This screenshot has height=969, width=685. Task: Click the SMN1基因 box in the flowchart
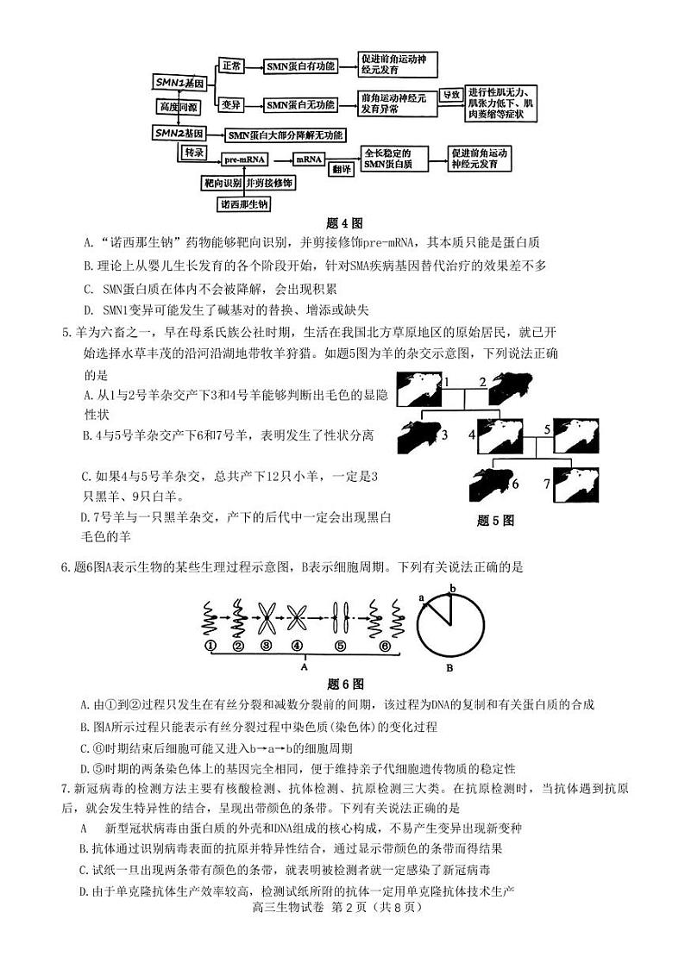tap(179, 83)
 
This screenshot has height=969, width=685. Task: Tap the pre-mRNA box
tap(245, 159)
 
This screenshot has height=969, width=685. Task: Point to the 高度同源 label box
tap(177, 107)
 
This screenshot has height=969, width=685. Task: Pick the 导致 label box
tap(451, 95)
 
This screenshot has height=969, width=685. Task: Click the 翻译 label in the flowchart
tap(342, 169)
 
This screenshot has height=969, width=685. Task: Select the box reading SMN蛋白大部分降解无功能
tap(286, 134)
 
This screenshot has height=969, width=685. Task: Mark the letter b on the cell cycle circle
tap(452, 588)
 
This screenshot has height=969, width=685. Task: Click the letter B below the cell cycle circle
tap(449, 666)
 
